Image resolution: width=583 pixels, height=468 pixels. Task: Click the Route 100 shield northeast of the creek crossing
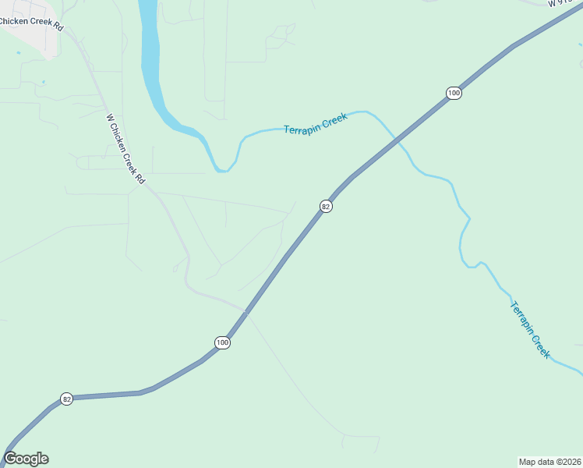[x=454, y=93]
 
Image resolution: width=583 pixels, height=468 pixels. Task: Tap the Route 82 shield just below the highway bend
[x=327, y=206]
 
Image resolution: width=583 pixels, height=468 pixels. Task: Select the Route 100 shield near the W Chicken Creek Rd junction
[x=223, y=342]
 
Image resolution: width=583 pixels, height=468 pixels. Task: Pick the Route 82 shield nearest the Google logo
[x=67, y=399]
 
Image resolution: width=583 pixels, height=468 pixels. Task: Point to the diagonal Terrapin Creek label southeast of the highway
[x=530, y=329]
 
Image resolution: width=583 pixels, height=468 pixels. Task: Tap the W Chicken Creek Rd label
[x=125, y=149]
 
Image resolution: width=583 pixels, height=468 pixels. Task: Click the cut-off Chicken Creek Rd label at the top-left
[x=31, y=21]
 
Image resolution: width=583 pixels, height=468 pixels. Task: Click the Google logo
[x=26, y=459]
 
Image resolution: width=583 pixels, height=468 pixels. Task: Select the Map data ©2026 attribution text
[x=549, y=461]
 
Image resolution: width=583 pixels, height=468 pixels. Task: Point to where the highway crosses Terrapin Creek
[x=399, y=141]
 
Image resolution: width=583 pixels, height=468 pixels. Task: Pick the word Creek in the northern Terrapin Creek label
[x=334, y=119]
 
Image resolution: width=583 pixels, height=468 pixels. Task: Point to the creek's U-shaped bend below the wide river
[x=223, y=168]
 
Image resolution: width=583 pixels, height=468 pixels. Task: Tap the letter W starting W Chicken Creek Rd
[x=110, y=119]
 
